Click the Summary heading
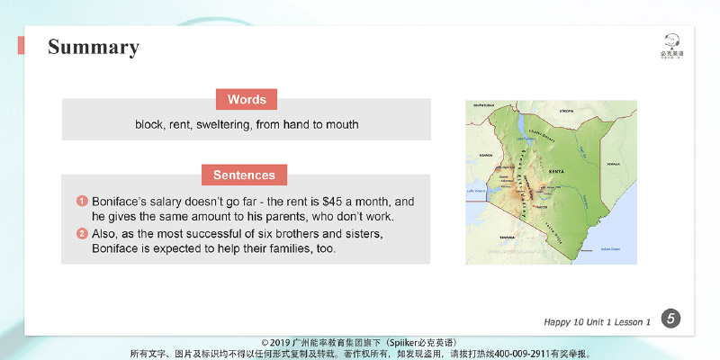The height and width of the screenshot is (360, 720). click(93, 48)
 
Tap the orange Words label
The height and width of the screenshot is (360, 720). click(247, 99)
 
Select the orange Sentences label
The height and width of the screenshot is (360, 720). click(245, 174)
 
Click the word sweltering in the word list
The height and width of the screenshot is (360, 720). click(220, 125)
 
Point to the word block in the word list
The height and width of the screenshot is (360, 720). click(149, 125)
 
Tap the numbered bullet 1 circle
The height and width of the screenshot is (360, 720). click(81, 202)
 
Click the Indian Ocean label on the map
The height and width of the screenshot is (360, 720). click(610, 247)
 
